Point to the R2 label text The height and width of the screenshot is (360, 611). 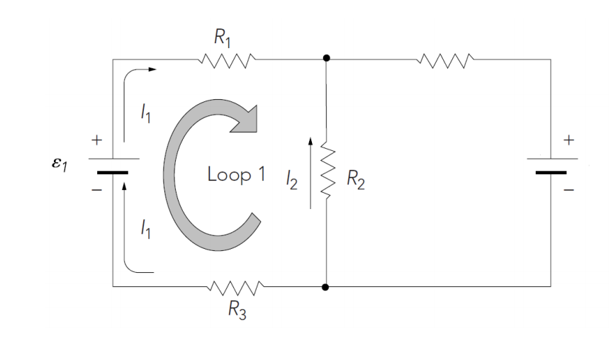click(x=356, y=181)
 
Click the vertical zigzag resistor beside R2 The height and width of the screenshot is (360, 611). click(x=326, y=170)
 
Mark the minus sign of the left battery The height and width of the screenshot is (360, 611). click(x=97, y=190)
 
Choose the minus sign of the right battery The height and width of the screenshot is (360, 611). click(x=567, y=190)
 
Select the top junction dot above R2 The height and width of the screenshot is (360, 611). click(x=326, y=59)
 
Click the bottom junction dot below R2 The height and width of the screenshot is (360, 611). click(x=326, y=287)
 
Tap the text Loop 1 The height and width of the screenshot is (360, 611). click(x=236, y=174)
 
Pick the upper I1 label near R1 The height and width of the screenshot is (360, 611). click(x=145, y=113)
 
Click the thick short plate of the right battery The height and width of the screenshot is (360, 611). click(x=551, y=171)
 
